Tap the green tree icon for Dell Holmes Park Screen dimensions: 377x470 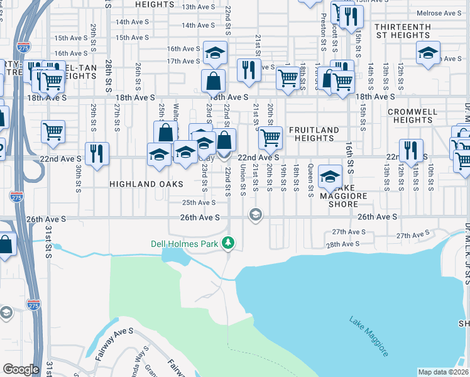tap(231, 243)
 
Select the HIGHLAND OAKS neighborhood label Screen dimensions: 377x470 tap(146, 184)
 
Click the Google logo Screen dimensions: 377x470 tap(21, 369)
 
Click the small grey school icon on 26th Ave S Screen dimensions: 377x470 tap(255, 216)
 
